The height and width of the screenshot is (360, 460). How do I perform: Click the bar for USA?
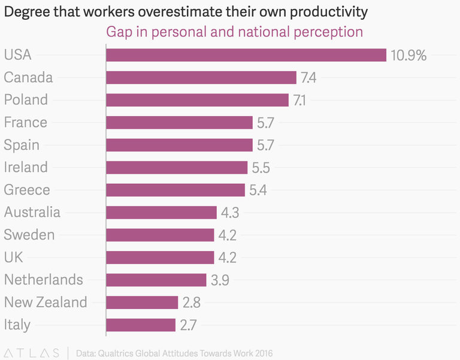[x=246, y=55]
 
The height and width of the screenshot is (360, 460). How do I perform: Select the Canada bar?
[x=201, y=78]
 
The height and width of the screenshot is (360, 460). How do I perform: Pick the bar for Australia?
[x=161, y=213]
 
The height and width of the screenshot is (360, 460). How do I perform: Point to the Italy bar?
[x=141, y=325]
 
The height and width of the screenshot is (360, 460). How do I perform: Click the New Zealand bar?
[x=142, y=302]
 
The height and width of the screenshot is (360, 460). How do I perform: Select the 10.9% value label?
[x=408, y=56]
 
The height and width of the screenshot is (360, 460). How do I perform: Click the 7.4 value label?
[x=308, y=78]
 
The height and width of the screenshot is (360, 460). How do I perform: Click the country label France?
[x=25, y=123]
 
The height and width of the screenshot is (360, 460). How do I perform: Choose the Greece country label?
[x=26, y=190]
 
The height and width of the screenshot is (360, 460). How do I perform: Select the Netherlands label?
[x=43, y=280]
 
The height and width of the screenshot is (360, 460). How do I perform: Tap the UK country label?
[x=13, y=258]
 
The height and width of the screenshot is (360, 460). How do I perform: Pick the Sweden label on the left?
[x=29, y=235]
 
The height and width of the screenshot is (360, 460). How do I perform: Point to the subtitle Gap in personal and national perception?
[x=234, y=32]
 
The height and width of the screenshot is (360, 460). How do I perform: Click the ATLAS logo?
[x=31, y=352]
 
